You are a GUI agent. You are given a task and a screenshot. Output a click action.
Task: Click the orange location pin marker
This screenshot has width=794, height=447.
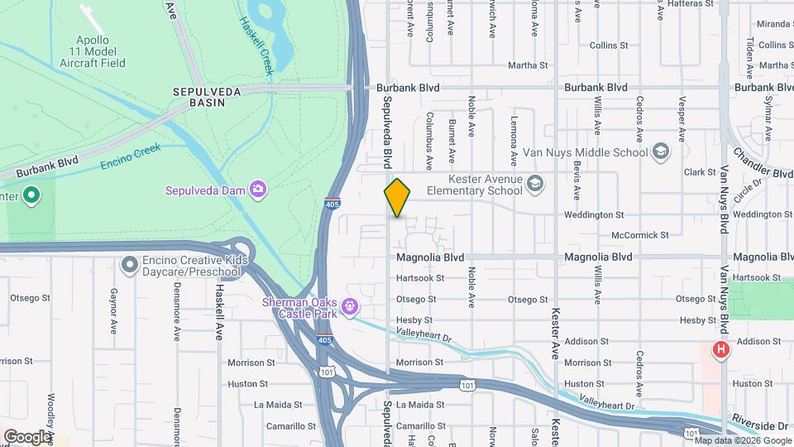click(x=398, y=198)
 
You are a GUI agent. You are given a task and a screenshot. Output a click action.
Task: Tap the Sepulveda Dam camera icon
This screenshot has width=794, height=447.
click(x=259, y=190)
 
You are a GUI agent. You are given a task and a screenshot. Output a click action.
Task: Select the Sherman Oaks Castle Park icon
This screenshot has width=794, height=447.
click(x=351, y=307)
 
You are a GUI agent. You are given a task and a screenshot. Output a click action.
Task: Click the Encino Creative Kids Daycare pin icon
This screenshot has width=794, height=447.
click(x=129, y=266)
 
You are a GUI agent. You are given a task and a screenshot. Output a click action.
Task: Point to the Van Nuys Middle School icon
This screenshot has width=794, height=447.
click(x=661, y=151)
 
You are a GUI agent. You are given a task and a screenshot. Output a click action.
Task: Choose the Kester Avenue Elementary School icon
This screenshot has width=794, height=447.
click(x=534, y=184)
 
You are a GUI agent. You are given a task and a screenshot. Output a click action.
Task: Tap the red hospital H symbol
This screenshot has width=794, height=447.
click(x=721, y=350)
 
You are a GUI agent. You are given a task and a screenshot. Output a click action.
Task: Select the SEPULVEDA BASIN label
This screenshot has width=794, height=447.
click(x=207, y=92)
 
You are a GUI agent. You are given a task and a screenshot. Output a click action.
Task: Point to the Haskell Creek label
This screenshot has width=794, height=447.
click(x=256, y=36)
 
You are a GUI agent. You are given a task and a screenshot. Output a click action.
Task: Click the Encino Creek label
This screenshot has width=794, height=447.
click(x=131, y=156)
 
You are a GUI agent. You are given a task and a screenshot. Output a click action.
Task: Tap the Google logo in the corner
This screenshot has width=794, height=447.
click(x=27, y=436)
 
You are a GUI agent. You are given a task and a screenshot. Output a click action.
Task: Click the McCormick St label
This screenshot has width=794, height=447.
click(x=641, y=235)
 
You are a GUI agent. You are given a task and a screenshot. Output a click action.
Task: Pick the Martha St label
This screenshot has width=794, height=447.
click(x=528, y=65)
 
